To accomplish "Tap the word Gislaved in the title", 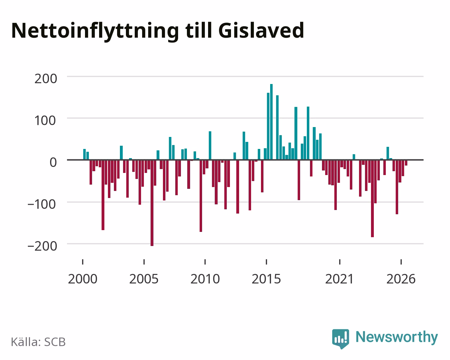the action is click(261, 30).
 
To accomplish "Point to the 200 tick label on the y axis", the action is click(46, 79).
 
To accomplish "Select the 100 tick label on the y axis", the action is click(45, 121).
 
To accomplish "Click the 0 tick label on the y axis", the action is click(53, 162).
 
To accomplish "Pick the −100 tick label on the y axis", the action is click(42, 204).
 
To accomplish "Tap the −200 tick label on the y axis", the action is click(42, 246).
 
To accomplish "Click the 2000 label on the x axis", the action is click(83, 279).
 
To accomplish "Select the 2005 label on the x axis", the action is click(144, 279).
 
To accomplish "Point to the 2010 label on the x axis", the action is click(205, 279).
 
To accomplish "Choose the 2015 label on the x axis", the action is click(266, 279).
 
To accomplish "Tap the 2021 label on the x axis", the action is click(339, 279).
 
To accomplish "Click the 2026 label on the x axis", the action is click(401, 279).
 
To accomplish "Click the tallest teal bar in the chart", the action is click(272, 122).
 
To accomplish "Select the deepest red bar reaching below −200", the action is click(152, 203).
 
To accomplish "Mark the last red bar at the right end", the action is click(406, 163).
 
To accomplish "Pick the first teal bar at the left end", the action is click(85, 155).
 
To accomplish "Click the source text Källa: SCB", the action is click(38, 342).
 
